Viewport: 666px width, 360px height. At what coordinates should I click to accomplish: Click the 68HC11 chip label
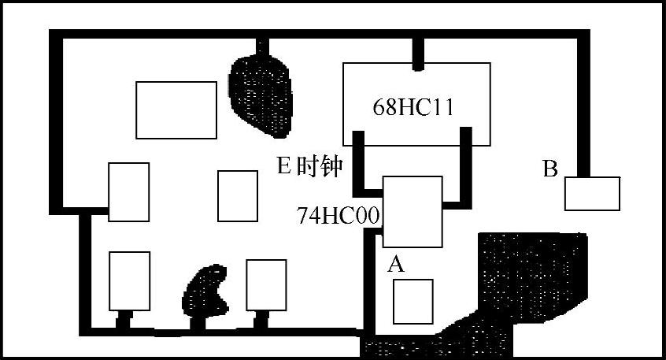point(413,108)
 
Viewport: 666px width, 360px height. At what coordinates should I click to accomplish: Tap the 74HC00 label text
point(339,215)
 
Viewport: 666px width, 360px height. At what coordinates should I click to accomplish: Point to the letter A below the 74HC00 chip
point(396,265)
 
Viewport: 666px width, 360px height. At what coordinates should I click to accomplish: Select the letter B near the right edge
point(551,169)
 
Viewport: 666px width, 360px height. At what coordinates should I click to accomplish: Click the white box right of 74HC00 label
point(412,212)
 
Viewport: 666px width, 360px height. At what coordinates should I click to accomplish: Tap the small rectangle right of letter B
point(592,194)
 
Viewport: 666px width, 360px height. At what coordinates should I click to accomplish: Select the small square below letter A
point(413,301)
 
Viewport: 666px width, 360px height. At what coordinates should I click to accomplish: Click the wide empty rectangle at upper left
point(176,109)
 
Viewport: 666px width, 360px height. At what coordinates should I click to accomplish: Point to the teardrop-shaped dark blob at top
point(261,93)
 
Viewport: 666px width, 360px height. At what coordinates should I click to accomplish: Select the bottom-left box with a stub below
point(129,281)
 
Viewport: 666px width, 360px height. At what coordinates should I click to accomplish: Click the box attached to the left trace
point(128,191)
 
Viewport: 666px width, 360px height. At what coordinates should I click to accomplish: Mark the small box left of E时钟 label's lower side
point(237,195)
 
